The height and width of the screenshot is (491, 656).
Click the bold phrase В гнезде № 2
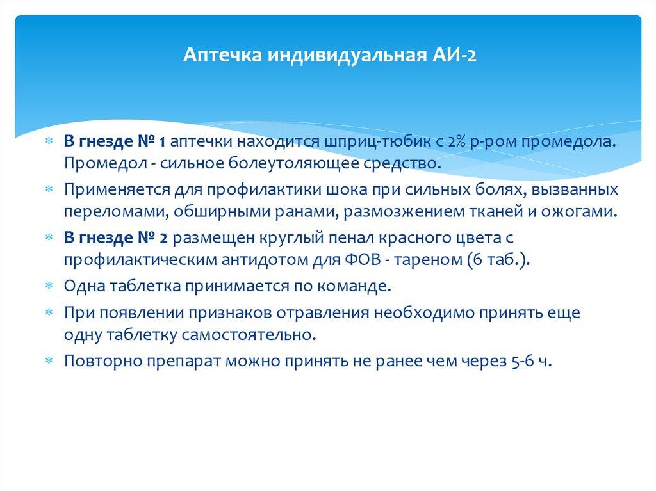point(115,238)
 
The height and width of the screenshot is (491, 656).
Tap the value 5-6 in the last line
point(518,361)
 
